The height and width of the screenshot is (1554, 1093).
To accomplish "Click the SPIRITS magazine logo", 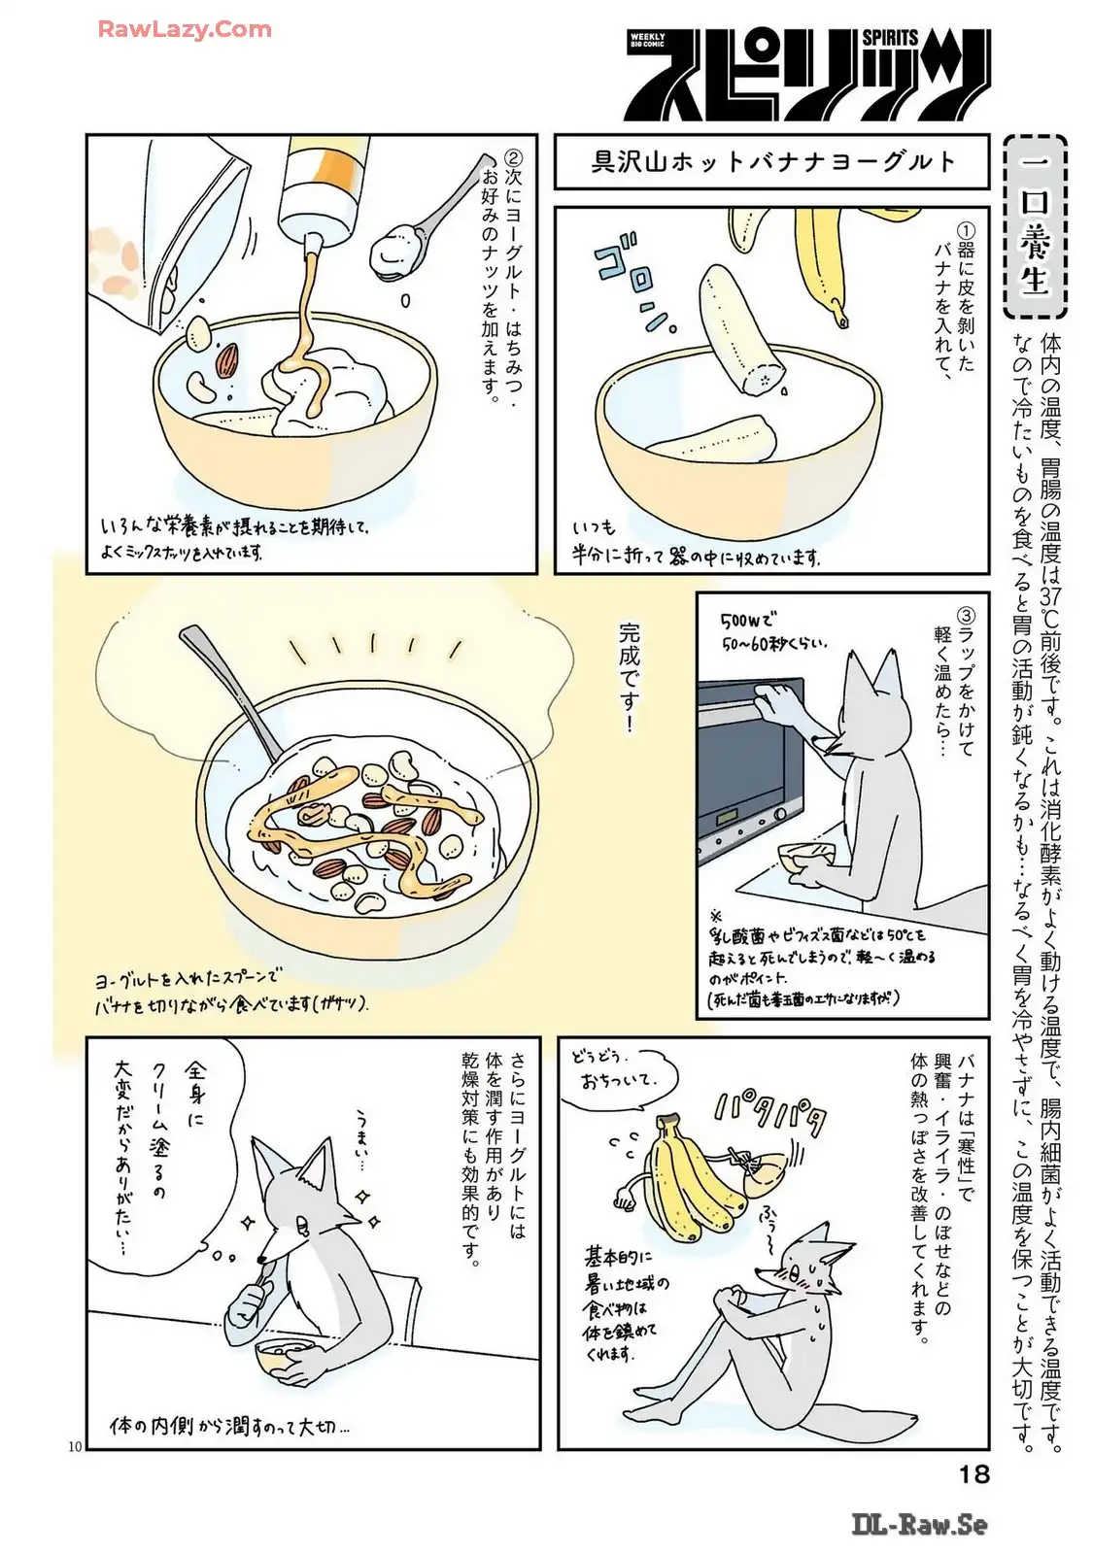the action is click(x=807, y=75).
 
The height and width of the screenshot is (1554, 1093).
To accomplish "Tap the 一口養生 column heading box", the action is click(x=1034, y=227).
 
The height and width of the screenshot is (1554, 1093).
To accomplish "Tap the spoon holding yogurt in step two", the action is click(x=426, y=222).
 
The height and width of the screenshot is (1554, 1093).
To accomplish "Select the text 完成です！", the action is click(x=630, y=678).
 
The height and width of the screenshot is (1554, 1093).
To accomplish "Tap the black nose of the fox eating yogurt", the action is click(x=261, y=1261).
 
